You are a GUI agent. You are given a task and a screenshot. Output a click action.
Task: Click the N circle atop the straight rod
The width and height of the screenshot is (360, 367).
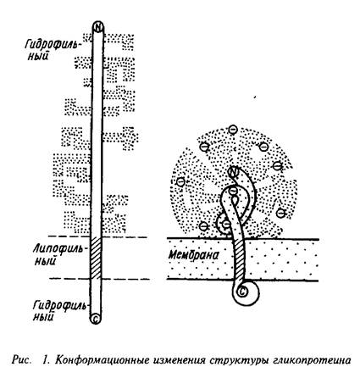(x=98, y=27)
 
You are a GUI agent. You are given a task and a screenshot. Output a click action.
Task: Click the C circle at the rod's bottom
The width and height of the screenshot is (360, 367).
(x=96, y=319)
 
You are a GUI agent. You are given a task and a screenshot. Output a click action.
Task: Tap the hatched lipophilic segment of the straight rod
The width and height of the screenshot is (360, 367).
(x=96, y=258)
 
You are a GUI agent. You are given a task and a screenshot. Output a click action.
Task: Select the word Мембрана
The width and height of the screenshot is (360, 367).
(x=193, y=255)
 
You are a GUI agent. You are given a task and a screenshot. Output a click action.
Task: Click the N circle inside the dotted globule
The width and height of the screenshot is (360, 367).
(x=234, y=171)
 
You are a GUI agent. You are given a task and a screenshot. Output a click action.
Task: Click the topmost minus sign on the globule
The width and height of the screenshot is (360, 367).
(x=233, y=130)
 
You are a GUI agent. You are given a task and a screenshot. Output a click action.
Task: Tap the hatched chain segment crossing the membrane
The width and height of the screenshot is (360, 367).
(x=239, y=260)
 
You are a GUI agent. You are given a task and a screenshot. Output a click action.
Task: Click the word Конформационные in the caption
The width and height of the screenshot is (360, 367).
(x=102, y=360)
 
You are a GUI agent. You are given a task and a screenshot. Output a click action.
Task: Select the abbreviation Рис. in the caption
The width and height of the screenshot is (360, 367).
(x=21, y=360)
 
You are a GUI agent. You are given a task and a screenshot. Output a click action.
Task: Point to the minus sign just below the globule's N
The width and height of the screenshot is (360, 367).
(x=233, y=191)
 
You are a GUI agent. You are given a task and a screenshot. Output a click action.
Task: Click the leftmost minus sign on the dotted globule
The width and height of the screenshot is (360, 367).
(x=180, y=181)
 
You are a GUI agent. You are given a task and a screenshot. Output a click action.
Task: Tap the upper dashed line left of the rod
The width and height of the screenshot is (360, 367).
(x=69, y=236)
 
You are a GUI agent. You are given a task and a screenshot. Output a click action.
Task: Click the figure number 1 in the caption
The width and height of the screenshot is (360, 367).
(x=45, y=360)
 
